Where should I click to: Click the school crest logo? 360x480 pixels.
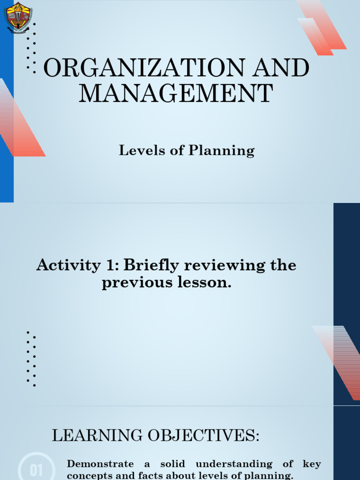18,17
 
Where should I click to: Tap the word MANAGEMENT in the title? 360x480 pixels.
176,93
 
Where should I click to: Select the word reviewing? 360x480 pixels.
224,266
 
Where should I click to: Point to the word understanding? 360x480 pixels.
234,464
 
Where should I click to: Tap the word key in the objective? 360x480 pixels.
312,464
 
